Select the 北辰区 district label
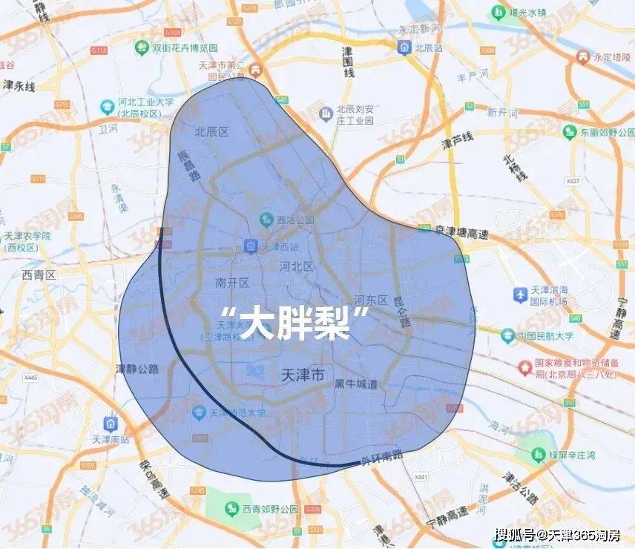[x=211, y=131]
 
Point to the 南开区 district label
[x=232, y=283]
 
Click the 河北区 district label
[x=297, y=266]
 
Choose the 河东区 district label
[x=371, y=300]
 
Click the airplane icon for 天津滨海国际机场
[x=520, y=295]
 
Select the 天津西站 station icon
[x=251, y=246]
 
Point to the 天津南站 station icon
[x=111, y=424]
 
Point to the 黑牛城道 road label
[x=355, y=384]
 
